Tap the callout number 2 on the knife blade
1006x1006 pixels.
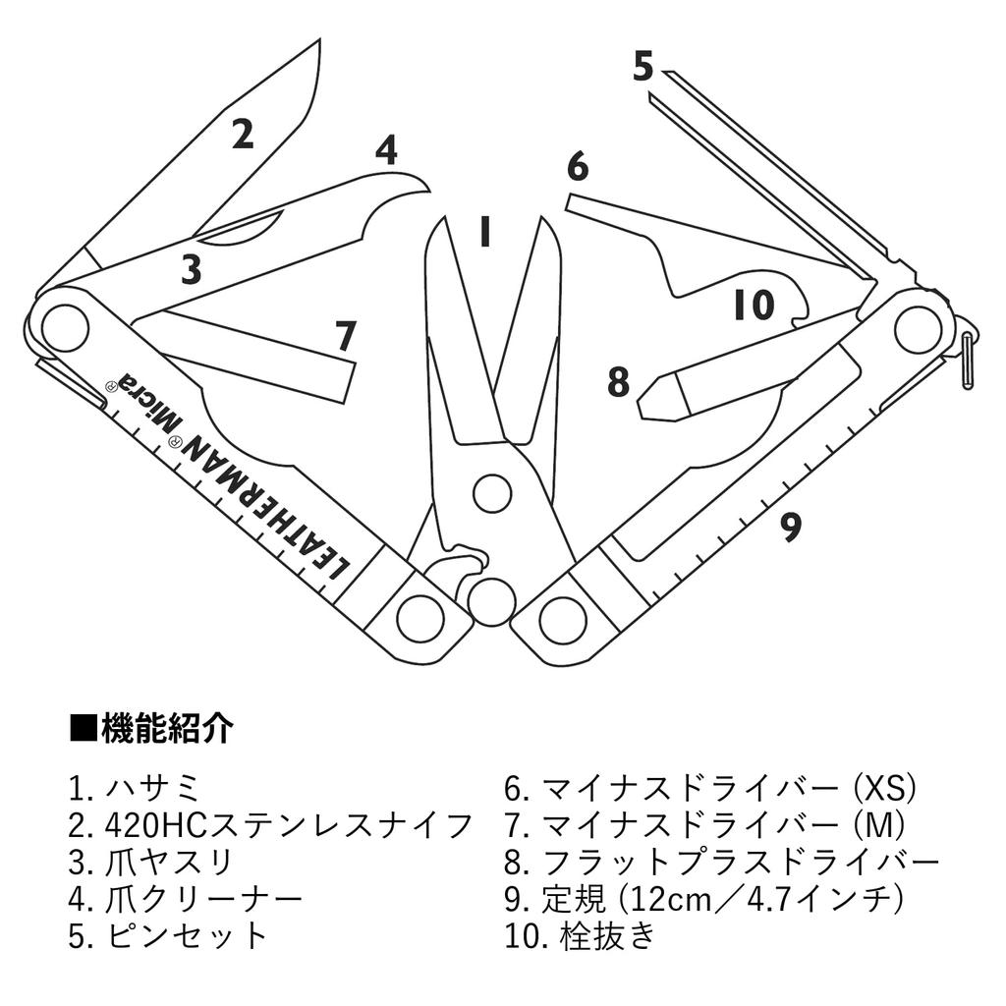(242, 134)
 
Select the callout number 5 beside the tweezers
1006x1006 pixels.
(643, 67)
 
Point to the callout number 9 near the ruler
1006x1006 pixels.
(790, 528)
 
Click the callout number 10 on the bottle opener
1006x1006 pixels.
(754, 306)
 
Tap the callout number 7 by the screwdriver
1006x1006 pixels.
(344, 337)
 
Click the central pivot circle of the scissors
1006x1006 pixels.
(491, 493)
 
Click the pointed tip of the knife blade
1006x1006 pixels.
(319, 41)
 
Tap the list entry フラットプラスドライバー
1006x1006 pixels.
(735, 862)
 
